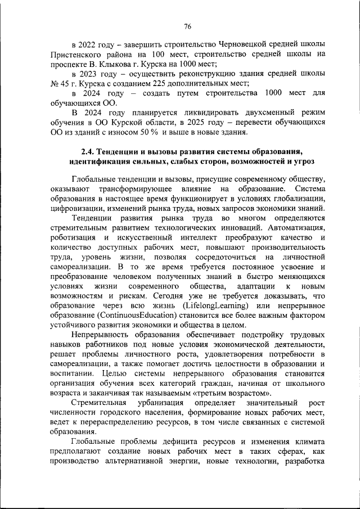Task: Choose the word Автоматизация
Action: pyautogui.click(x=292, y=227)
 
